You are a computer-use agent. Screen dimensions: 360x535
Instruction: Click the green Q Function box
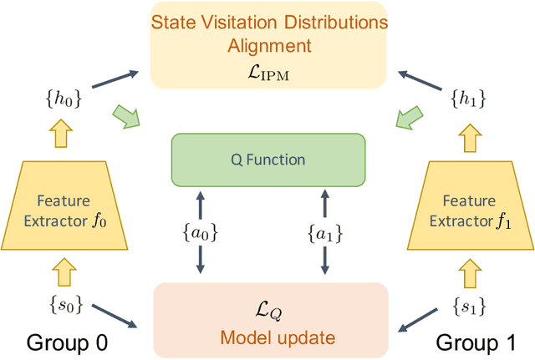click(x=268, y=160)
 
